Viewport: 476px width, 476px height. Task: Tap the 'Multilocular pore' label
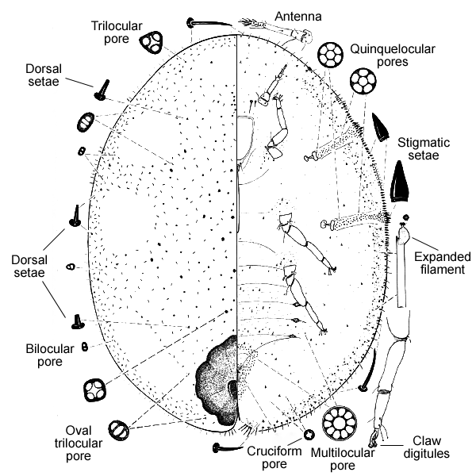click(355, 459)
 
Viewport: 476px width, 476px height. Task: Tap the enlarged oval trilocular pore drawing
click(118, 429)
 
